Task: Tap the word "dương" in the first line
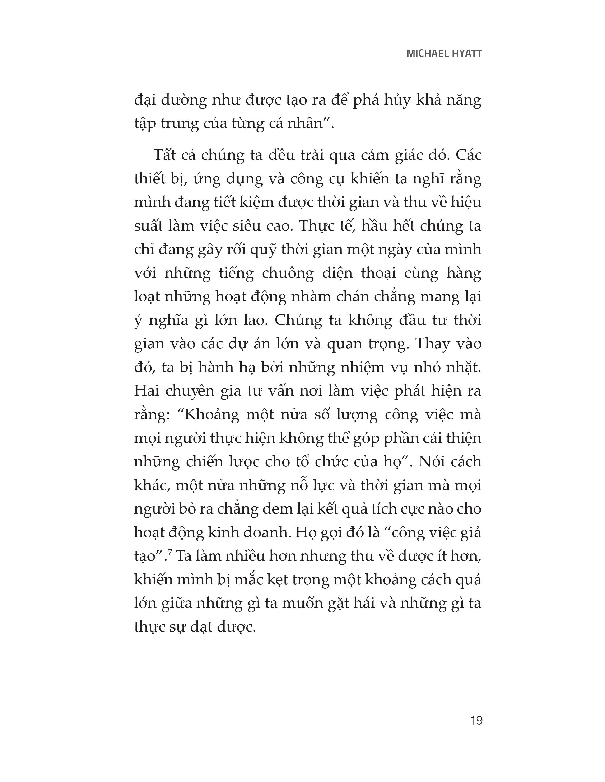click(x=184, y=100)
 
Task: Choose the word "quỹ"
click(x=263, y=250)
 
